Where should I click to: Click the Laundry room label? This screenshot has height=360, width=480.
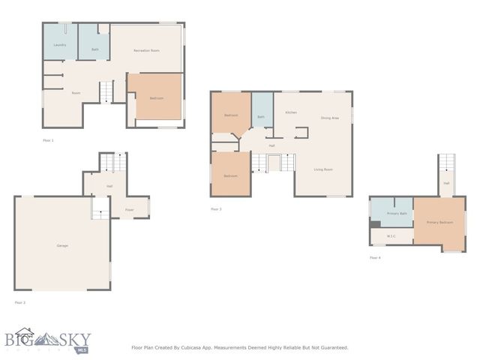60,45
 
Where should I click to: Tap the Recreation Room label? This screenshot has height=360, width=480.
146,50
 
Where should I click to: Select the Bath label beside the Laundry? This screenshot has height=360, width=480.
95,49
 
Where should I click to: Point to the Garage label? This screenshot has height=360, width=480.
62,246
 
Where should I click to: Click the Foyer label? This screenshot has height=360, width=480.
129,210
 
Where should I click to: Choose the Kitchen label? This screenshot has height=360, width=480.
291,112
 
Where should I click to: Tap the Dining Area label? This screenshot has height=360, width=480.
330,118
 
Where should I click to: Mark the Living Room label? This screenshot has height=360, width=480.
323,169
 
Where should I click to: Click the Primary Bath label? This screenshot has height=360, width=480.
397,214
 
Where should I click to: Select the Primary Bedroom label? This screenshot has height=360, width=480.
439,223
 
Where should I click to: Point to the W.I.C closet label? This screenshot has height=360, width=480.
391,236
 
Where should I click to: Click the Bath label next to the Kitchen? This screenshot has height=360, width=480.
261,117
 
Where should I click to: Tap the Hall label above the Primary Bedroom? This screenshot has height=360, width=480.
446,183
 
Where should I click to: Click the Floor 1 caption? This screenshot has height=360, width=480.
48,140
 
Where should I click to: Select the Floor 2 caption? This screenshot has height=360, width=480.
19,302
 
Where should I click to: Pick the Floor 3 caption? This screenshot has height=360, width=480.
216,209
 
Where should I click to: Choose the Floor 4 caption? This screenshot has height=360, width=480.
375,258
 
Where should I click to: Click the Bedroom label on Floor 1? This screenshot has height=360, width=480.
156,97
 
